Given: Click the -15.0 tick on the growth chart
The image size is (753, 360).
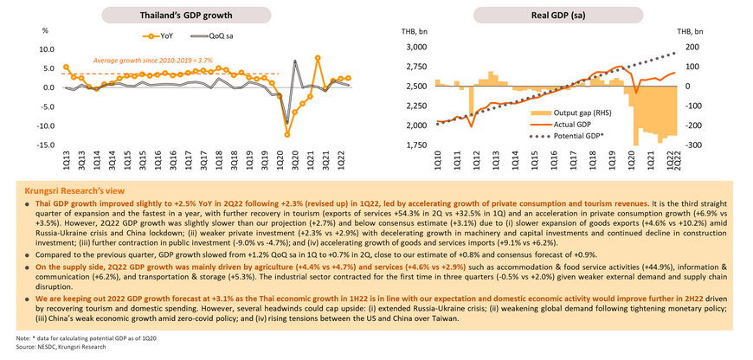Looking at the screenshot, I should [48, 145].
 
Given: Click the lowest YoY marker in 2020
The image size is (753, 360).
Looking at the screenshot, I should [287, 134].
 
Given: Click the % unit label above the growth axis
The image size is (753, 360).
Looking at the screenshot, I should [44, 31].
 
